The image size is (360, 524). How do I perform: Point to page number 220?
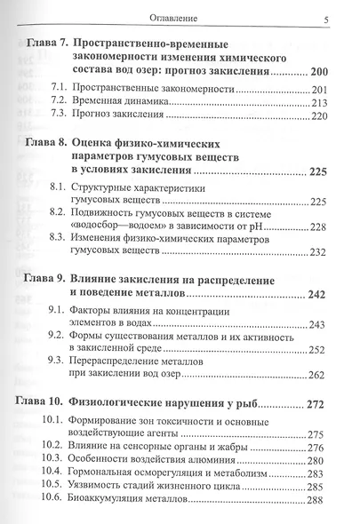click(x=320, y=116)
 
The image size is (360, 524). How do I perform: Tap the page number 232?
click(x=320, y=252)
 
